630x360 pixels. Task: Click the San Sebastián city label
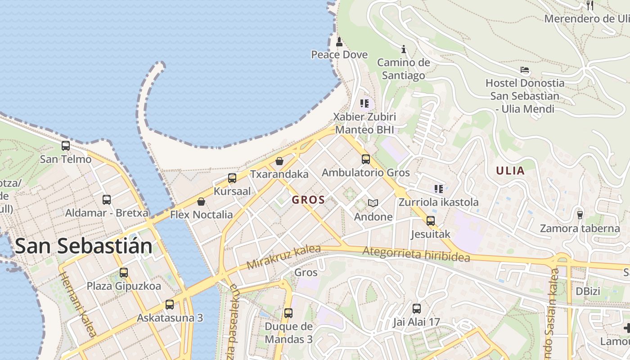click(x=84, y=246)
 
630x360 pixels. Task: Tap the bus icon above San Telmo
click(x=66, y=146)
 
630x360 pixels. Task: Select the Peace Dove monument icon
click(x=339, y=42)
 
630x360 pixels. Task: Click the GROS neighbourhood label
click(x=308, y=200)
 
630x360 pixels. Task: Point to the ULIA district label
click(x=510, y=171)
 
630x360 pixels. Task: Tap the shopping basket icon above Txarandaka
click(x=279, y=161)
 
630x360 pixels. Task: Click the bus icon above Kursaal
click(x=232, y=178)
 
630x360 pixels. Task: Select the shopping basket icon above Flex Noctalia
click(x=201, y=202)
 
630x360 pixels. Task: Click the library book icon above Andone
click(x=373, y=203)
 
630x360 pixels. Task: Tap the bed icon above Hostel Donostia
click(x=525, y=70)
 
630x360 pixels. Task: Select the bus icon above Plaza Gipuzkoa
click(x=124, y=273)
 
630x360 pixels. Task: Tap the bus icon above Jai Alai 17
click(x=417, y=309)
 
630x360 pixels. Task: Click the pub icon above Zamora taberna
click(x=580, y=215)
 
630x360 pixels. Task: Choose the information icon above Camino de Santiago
click(x=404, y=49)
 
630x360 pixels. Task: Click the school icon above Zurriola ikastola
click(x=439, y=189)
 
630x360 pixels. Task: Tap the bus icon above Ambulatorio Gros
click(x=366, y=159)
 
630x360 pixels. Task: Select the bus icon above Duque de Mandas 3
click(x=288, y=313)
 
